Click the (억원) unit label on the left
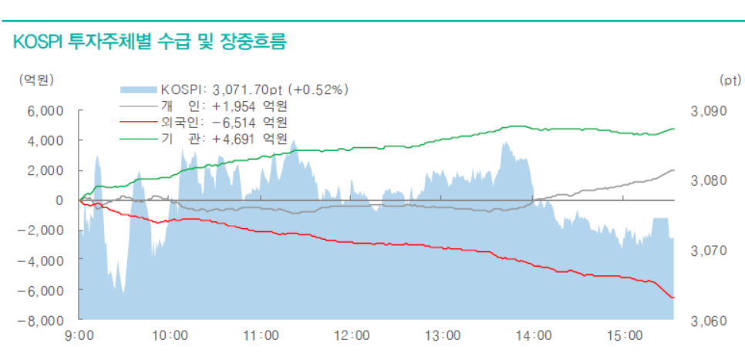click(36, 79)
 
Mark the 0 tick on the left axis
click(59, 200)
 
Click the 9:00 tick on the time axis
click(80, 336)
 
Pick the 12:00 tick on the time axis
click(352, 336)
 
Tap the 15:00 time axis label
click(624, 336)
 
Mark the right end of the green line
click(674, 129)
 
